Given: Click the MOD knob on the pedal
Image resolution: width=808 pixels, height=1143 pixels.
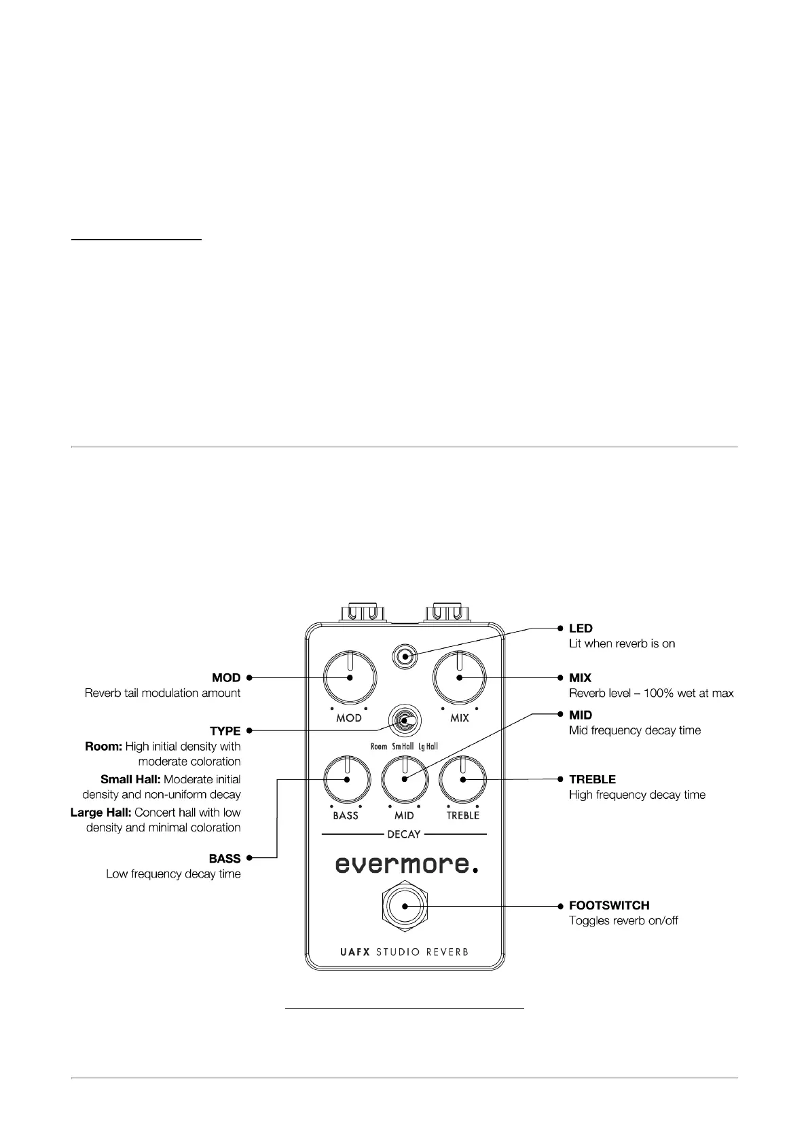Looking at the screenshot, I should coord(350,677).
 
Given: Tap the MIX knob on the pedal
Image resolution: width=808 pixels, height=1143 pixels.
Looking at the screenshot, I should coord(460,677).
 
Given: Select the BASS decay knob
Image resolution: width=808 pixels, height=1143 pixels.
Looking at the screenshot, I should coord(346,780).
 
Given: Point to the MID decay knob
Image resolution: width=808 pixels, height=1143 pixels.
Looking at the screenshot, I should coord(405,780).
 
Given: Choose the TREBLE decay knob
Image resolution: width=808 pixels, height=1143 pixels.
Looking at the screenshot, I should coord(463,780).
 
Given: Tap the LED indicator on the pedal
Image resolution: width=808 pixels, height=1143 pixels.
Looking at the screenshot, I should coord(405,656).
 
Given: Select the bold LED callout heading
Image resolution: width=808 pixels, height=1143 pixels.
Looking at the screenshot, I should coord(581,629).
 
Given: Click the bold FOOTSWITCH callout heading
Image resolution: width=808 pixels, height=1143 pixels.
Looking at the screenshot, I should coord(609,905).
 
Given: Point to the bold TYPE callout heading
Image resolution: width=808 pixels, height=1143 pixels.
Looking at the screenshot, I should coord(225,731).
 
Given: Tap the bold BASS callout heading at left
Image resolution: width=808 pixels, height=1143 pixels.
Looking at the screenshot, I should coord(225,859).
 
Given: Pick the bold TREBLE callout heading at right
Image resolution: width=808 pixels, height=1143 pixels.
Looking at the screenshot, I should coord(592,779).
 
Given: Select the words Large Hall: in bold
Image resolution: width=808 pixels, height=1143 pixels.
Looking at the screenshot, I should coord(102,812).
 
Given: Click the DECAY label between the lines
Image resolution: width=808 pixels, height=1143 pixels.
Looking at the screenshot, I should coord(404,834).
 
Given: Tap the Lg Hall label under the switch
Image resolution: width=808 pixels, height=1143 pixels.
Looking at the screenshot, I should coord(428,747).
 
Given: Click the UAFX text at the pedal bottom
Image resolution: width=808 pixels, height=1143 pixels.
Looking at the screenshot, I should coord(354,952).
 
